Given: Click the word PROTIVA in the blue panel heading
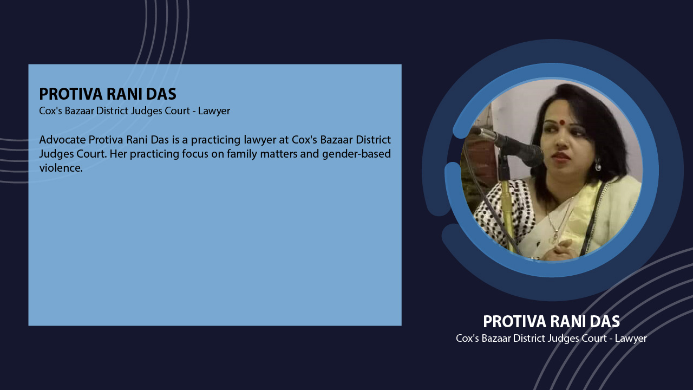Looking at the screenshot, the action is [x=70, y=94].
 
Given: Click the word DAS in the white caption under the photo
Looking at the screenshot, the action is [x=605, y=321].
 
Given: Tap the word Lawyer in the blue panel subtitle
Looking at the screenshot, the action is [x=214, y=111].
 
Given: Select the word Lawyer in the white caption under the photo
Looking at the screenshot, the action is [x=631, y=339].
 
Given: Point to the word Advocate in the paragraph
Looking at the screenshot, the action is [x=62, y=140].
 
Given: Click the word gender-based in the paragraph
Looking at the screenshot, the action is [x=356, y=154].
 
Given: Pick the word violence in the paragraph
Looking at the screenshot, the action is [x=61, y=168].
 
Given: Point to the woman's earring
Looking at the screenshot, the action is [x=598, y=165].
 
